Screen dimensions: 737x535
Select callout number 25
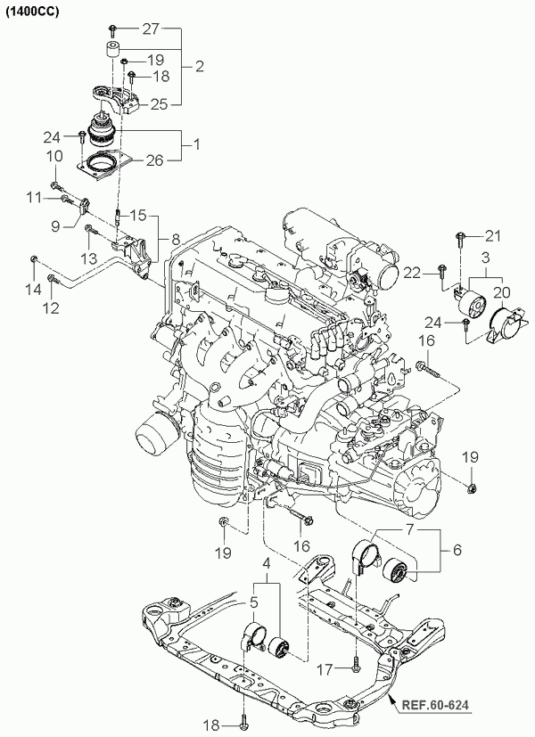click(159, 104)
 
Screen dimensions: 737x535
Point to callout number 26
click(155, 160)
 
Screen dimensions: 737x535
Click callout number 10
click(54, 155)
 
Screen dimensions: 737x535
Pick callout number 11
click(35, 196)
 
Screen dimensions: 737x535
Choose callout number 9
click(54, 226)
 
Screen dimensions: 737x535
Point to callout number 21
click(494, 235)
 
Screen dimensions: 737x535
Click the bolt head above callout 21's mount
click(459, 236)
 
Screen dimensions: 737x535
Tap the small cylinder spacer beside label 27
click(114, 51)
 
